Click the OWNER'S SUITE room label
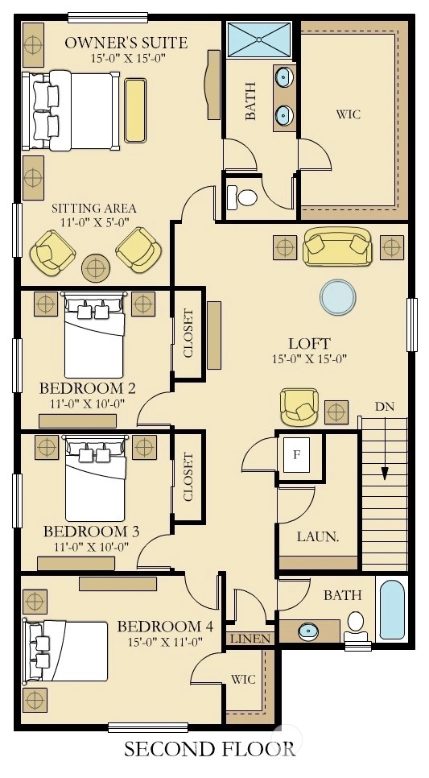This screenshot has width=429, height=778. (x=126, y=43)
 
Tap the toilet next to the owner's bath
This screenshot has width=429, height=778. (x=242, y=197)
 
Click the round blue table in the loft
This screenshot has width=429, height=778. (x=338, y=296)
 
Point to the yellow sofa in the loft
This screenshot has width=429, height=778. (x=336, y=246)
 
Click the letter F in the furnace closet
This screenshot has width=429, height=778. (x=296, y=454)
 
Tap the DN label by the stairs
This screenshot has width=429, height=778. (x=385, y=407)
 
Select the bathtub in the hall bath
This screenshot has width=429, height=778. (x=392, y=610)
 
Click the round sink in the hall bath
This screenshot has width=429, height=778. (x=306, y=631)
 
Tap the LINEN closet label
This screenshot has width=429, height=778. (x=250, y=639)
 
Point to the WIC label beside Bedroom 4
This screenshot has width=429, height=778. (x=243, y=679)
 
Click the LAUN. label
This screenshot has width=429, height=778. (x=318, y=537)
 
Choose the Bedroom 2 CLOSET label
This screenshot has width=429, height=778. (x=188, y=333)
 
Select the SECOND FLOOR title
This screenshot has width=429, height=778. (x=210, y=749)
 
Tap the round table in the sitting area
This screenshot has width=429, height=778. (x=96, y=268)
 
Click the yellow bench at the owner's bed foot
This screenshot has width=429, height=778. (x=135, y=110)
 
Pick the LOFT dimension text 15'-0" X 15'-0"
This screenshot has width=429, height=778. (x=308, y=359)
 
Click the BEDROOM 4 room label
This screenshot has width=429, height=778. (x=165, y=626)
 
